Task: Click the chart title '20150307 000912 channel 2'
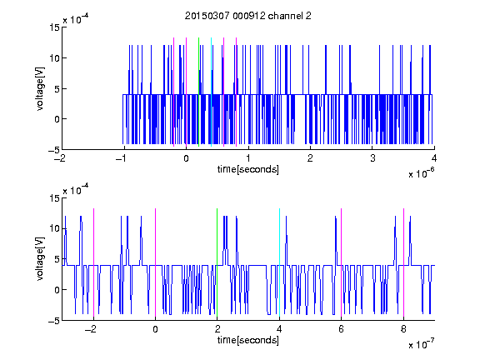(248, 16)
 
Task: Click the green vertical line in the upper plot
(199, 92)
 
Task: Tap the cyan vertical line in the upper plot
(211, 92)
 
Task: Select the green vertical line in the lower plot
(217, 263)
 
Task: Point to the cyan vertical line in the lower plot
(279, 263)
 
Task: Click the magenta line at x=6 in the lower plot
(342, 263)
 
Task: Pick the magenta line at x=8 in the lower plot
(404, 263)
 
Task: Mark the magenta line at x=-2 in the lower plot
(93, 263)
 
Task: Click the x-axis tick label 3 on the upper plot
(372, 158)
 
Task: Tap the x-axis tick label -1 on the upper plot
(121, 158)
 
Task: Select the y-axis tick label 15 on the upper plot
(55, 27)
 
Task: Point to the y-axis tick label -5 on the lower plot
(54, 321)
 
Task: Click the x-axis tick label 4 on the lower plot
(279, 329)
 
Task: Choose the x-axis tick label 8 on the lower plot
(403, 329)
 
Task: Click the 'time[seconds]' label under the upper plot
(248, 169)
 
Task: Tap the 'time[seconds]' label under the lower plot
(248, 340)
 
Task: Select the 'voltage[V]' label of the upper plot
(40, 89)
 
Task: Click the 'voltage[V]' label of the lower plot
(40, 259)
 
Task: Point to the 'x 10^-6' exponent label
(421, 173)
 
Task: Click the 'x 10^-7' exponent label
(421, 344)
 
